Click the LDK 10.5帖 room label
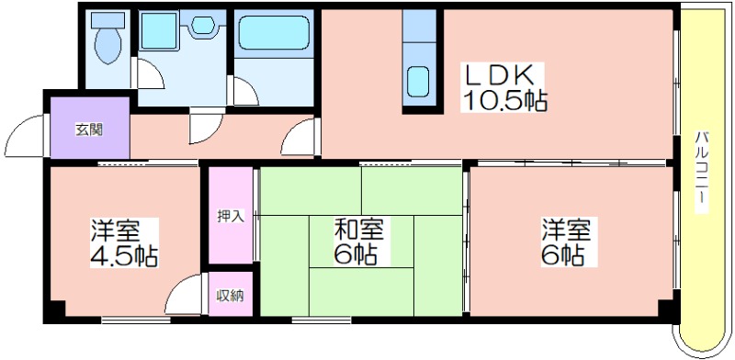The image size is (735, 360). coord(504,87)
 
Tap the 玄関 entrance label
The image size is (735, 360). coord(89,129)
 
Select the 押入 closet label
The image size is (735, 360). coord(231,216)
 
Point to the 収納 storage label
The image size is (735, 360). coord(231,296)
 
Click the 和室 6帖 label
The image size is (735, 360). coord(358,242)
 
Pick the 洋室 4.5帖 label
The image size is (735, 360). coord(124,242)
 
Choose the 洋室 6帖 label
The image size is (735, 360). coord(567,242)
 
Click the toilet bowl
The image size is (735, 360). coord(107,46)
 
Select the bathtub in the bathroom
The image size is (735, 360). coord(274,33)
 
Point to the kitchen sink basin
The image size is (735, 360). coord(418,81)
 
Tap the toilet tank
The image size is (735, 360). coord(107,19)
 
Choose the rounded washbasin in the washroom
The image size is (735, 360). coord(202,25)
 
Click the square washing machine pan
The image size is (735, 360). coord(159,31)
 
